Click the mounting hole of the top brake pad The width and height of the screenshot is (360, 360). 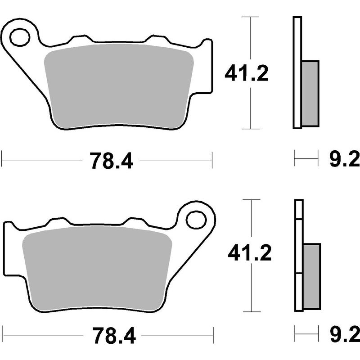pos(19,37)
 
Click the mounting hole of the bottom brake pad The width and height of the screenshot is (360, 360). pos(196,220)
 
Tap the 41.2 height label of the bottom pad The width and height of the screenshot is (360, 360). pos(249,254)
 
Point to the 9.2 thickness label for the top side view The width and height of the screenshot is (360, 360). pos(344,159)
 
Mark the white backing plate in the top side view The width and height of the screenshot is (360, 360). pos(297,72)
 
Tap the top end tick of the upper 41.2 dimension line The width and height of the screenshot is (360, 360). pos(250,17)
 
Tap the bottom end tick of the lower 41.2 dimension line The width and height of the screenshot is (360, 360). pos(252,311)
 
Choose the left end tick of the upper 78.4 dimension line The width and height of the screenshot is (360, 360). pos(3,159)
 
